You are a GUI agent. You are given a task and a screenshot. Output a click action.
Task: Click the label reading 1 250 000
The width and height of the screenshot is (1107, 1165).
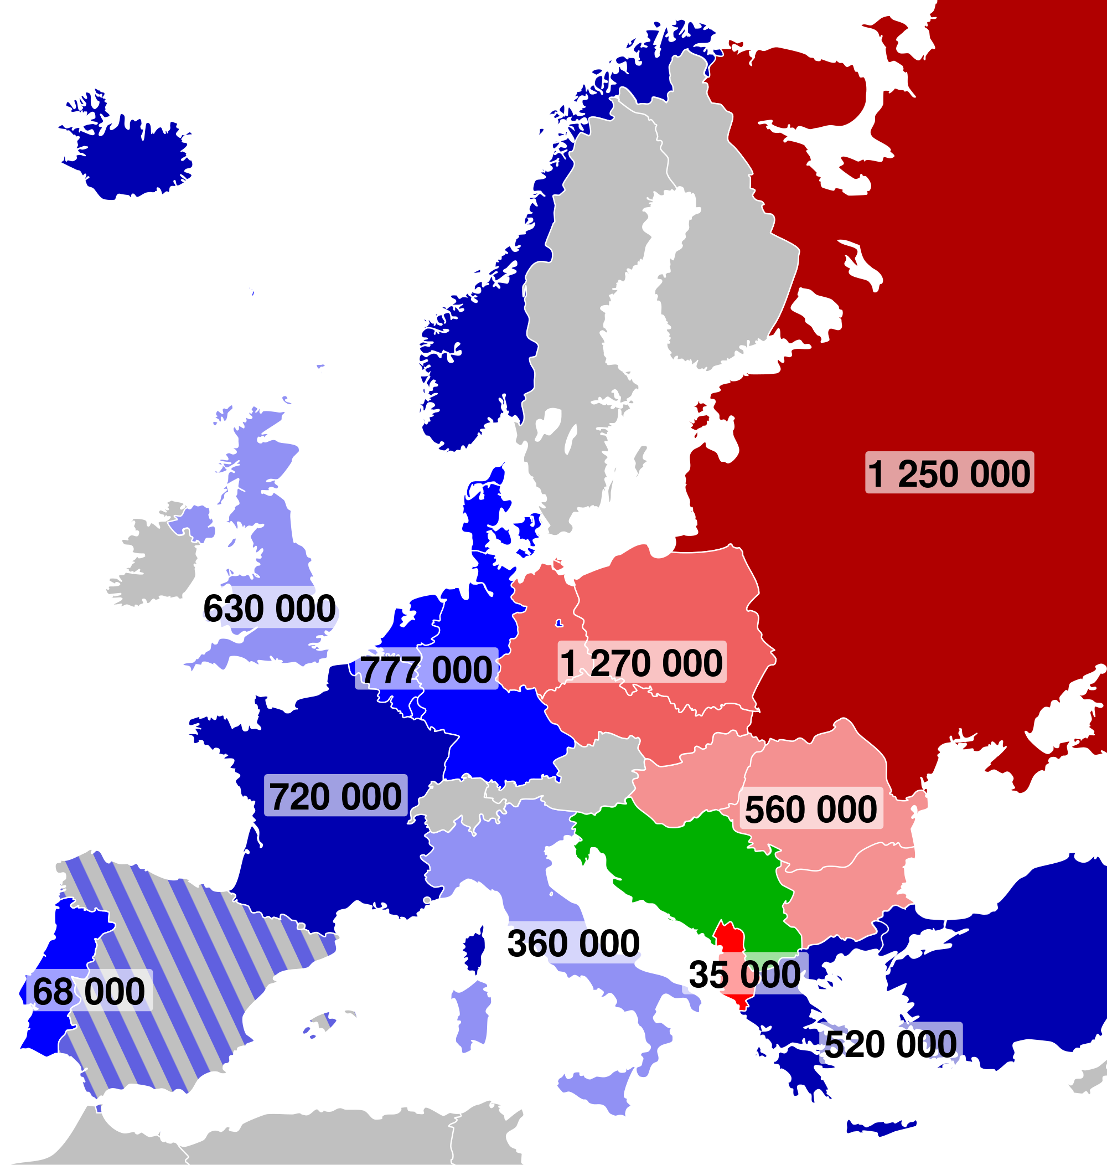[949, 473]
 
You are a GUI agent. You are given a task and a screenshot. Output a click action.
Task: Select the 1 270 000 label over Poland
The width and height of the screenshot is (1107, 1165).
[642, 662]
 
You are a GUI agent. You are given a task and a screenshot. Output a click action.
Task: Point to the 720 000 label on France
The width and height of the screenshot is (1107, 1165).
[335, 796]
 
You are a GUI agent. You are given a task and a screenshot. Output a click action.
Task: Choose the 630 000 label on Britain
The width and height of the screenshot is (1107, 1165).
[270, 607]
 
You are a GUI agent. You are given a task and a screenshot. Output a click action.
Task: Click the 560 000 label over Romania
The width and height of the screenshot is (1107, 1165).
[811, 808]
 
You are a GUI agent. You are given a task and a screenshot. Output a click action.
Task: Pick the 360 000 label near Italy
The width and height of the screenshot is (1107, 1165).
[573, 942]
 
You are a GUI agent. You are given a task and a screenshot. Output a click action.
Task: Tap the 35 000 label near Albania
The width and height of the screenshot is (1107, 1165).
[744, 973]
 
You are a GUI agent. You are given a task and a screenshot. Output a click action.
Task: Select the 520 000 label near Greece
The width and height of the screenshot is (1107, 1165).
[891, 1043]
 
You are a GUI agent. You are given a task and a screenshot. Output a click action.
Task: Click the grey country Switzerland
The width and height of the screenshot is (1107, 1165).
[461, 803]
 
